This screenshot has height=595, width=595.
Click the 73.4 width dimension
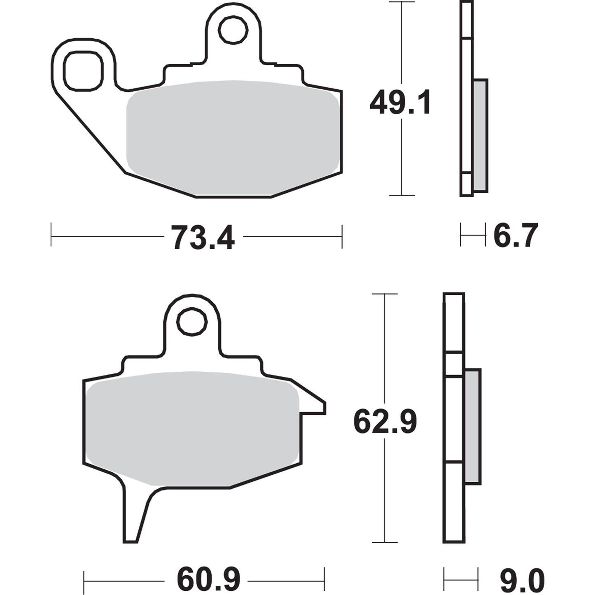point(203,238)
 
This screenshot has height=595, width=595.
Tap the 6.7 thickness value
point(516,236)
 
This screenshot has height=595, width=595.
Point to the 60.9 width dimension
point(208,580)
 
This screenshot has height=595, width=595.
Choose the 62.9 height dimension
point(385,421)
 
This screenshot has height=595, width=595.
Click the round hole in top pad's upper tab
point(233,30)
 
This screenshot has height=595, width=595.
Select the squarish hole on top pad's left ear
point(83,71)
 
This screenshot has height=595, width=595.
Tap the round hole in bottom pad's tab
point(191,322)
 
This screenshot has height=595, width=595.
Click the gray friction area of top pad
point(233,138)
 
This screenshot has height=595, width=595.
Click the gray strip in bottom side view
point(472,426)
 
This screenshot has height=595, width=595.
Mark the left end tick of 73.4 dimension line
point(51,235)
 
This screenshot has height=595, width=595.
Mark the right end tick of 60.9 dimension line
point(324,580)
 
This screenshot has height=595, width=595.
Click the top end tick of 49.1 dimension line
point(401,2)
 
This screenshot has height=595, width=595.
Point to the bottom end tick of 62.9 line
point(384,542)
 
